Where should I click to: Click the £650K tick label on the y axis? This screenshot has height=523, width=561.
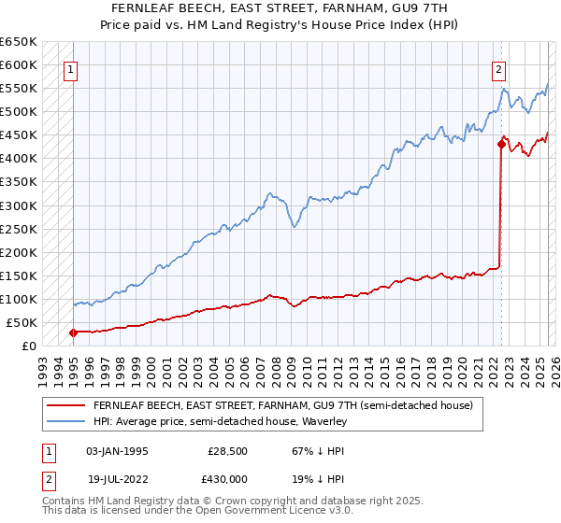point(19,42)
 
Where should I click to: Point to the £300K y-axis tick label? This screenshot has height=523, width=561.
point(19,205)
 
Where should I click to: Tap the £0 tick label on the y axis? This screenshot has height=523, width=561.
point(30,346)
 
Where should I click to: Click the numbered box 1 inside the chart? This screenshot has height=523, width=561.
point(71,68)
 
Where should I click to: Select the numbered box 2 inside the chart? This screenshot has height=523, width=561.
point(499,68)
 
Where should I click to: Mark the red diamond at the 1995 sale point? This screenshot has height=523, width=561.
point(73,332)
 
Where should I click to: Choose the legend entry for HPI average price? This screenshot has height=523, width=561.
point(220,421)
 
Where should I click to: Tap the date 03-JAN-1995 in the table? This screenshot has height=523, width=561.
point(117,450)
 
